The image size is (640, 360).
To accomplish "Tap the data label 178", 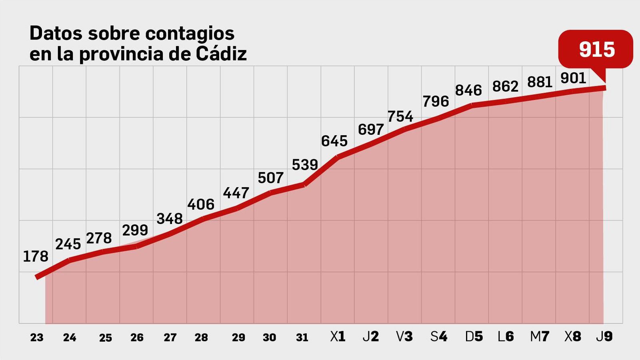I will click(36, 256).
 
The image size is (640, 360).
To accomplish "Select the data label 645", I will click(334, 141).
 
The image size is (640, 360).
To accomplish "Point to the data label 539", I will click(305, 165).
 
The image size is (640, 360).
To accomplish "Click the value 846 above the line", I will click(468, 90).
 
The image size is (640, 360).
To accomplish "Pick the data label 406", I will click(201, 205).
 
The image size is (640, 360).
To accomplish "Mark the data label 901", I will click(573, 78).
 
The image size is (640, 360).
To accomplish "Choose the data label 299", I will click(135, 230).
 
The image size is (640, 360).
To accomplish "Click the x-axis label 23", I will click(36, 338).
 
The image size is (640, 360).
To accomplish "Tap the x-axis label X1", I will click(338, 337).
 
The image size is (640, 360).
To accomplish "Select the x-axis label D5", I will click(474, 337).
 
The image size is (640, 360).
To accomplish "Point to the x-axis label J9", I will click(604, 337).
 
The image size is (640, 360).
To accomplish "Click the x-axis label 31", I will click(302, 338).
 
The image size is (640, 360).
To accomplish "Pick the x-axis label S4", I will click(439, 337).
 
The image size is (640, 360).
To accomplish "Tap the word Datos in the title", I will click(56, 33).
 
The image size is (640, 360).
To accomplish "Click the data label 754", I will click(400, 117).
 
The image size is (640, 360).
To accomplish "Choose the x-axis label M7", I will click(540, 337).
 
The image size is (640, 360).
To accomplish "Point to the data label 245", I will click(68, 244).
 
